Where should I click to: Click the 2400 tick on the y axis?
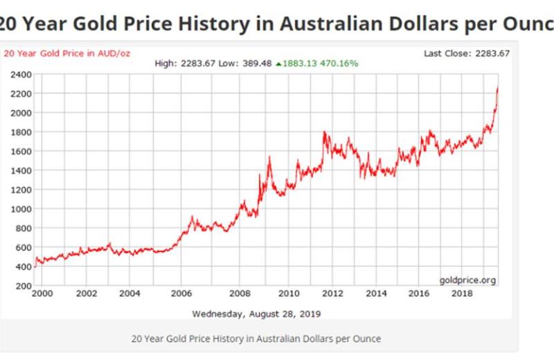(19, 73)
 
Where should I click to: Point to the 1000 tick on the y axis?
(19, 208)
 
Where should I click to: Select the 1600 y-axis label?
(19, 151)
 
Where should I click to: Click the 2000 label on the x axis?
(44, 294)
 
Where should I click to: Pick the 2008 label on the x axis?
(240, 294)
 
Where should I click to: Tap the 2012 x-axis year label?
(332, 294)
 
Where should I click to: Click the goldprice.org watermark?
(468, 280)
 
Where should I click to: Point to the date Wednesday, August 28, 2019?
(256, 314)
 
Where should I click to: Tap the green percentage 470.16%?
(339, 63)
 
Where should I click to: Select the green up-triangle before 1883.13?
(278, 63)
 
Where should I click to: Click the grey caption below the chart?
(256, 339)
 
